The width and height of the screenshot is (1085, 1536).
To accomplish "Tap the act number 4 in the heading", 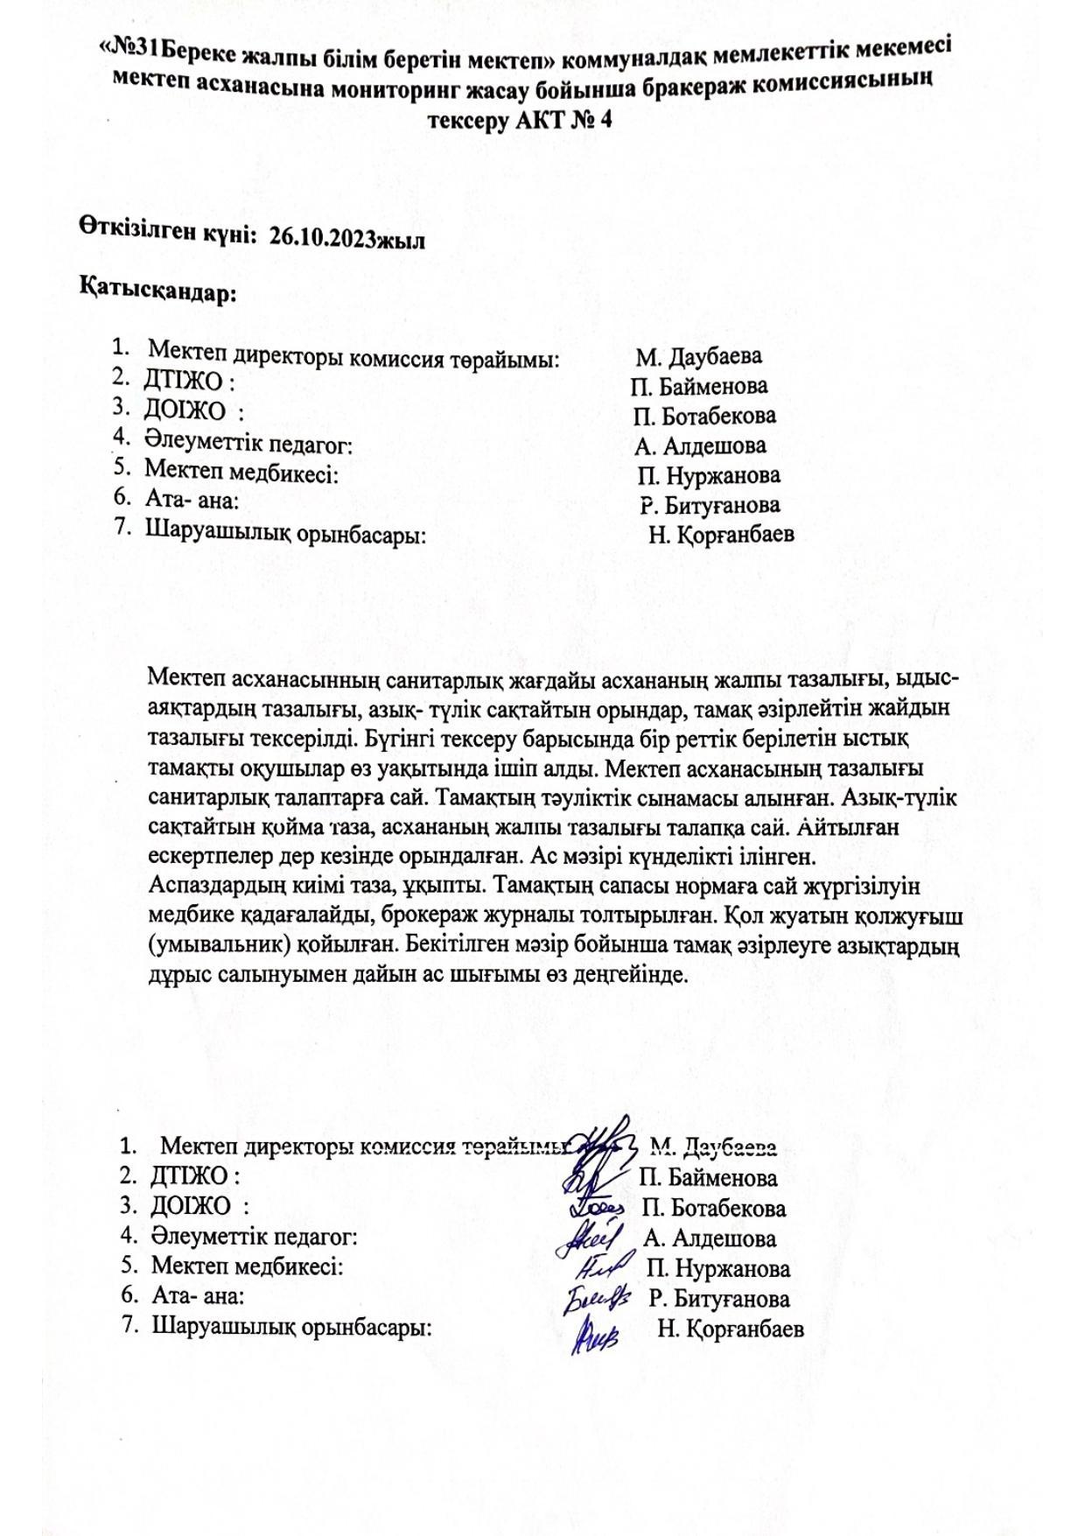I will click(x=604, y=121).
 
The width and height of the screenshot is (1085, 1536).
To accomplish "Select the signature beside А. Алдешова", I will click(x=595, y=1238).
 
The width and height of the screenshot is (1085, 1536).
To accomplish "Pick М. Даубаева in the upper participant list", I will click(x=698, y=356).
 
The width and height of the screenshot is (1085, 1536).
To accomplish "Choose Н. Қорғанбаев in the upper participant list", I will click(x=721, y=534).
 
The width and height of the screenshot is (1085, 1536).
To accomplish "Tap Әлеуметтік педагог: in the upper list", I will click(x=248, y=445).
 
